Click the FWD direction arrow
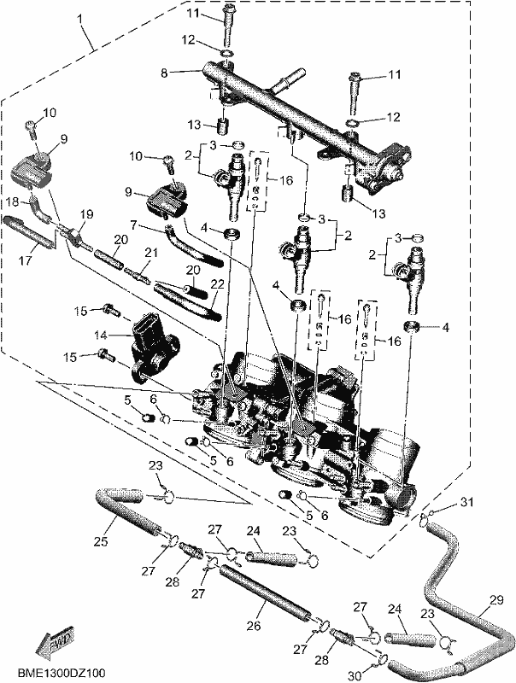[x=55, y=639]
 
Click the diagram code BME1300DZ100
[x=62, y=673]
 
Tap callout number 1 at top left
[x=80, y=19]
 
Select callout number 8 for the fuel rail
[x=164, y=73]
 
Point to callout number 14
[x=101, y=335]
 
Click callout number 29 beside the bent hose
[x=496, y=600]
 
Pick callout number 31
[x=466, y=502]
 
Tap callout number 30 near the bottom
[x=355, y=676]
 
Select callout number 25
[x=101, y=541]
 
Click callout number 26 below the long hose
[x=254, y=626]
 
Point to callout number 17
[x=25, y=260]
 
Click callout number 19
[x=87, y=214]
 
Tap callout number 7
[x=134, y=225]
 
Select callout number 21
[x=151, y=253]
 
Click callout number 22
[x=217, y=284]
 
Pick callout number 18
[x=13, y=201]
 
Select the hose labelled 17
[x=30, y=232]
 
